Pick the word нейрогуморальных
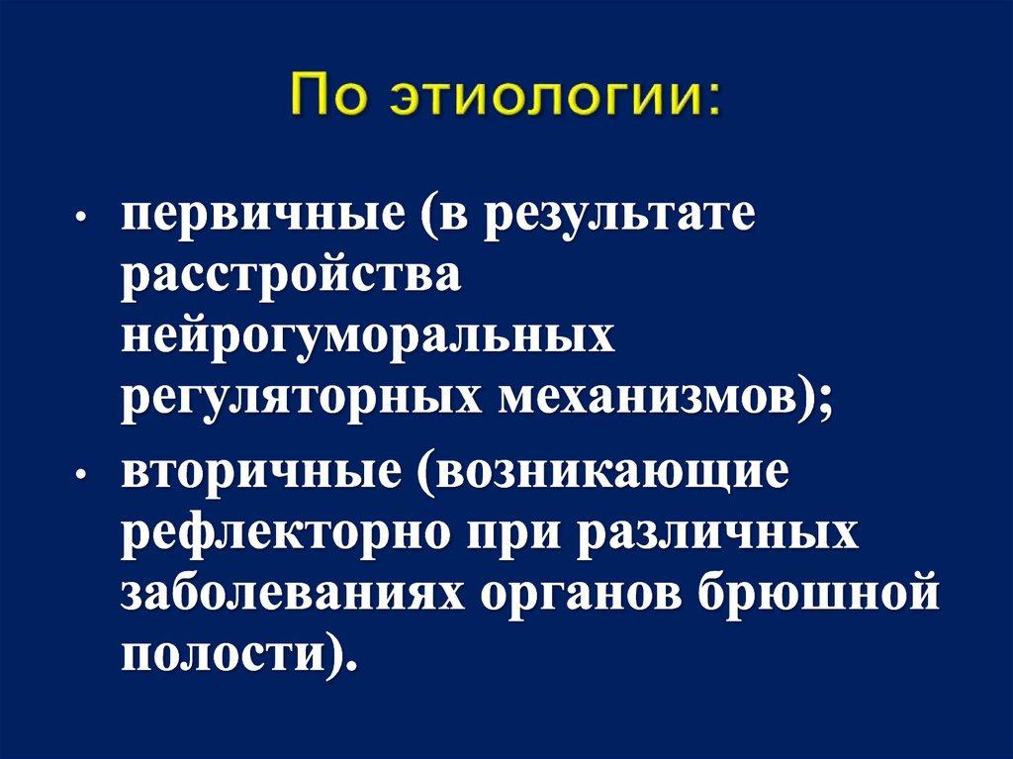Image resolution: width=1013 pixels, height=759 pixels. tap(368, 339)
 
